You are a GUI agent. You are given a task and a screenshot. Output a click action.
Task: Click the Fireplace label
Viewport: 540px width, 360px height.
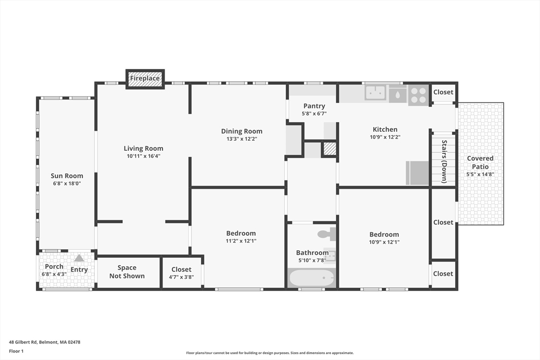[x=145, y=79]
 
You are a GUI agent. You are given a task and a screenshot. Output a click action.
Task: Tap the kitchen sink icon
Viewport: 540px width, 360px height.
[x=376, y=93]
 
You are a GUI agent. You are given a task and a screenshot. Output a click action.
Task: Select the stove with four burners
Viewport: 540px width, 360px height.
[x=418, y=95]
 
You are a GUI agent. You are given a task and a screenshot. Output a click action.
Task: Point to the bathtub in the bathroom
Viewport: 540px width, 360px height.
[x=312, y=278]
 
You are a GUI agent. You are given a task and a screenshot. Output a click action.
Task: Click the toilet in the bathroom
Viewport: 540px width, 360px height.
[x=325, y=234]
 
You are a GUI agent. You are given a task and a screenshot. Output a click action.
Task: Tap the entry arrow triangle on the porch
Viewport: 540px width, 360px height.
[x=79, y=258]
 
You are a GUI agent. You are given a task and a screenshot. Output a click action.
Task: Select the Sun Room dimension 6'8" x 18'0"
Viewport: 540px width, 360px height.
[x=66, y=183]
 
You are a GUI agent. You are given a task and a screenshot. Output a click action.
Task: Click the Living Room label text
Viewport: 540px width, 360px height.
[x=143, y=149]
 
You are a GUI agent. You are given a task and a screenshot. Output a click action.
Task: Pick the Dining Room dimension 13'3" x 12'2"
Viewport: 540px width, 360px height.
[x=242, y=139]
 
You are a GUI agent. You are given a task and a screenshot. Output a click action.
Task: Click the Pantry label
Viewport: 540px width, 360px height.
[x=314, y=106]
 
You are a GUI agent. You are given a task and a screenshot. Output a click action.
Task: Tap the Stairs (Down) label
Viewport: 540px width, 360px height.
[x=444, y=161]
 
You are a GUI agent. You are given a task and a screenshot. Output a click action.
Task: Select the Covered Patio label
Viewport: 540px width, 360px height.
[x=480, y=162]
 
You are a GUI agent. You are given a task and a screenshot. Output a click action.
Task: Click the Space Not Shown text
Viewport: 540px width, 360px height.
[x=127, y=272]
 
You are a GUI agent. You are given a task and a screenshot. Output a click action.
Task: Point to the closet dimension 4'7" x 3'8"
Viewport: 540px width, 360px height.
[x=181, y=277]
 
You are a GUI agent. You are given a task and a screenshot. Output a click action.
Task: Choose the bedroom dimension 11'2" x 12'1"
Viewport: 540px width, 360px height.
[x=241, y=241]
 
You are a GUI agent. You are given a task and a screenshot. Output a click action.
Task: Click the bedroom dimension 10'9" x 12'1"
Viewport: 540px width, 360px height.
[x=384, y=242]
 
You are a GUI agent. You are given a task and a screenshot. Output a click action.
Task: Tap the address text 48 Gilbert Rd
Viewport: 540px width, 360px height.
[x=44, y=342]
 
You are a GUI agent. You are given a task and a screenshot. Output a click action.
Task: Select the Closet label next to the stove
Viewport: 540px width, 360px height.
[x=443, y=92]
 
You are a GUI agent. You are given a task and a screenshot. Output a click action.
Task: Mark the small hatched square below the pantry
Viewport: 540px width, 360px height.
[x=330, y=149]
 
